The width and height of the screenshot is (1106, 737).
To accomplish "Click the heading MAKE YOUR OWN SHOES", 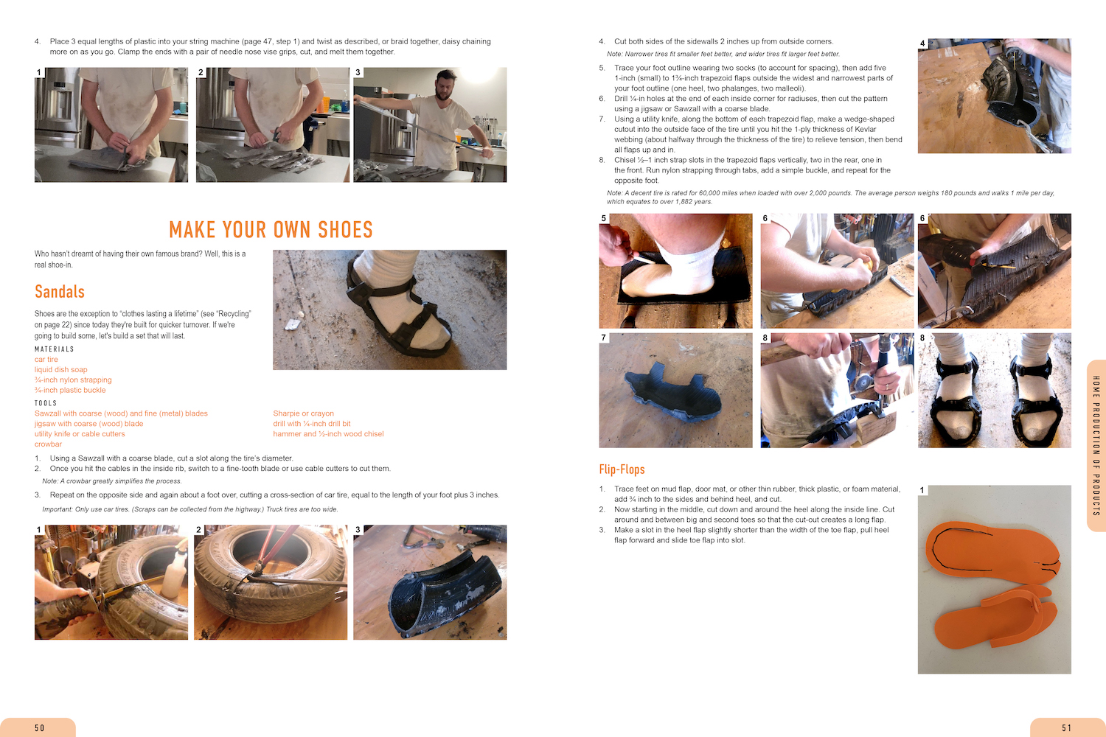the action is click(271, 229).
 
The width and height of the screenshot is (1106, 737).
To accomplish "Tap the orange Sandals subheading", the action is click(59, 292).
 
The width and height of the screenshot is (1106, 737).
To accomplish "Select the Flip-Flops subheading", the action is click(622, 469).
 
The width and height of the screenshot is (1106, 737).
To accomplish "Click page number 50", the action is click(40, 727).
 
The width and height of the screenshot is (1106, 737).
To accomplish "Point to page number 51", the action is click(1066, 727).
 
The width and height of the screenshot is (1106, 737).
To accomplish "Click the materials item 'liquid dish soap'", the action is click(60, 369).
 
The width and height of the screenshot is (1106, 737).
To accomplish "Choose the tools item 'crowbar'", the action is click(48, 444).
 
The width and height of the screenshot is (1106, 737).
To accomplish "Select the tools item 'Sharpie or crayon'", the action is click(303, 413).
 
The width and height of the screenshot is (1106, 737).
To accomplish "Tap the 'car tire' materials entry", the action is click(46, 360).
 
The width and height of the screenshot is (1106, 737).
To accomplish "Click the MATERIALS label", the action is click(55, 349).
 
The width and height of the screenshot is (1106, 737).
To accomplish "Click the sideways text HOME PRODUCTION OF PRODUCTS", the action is click(1096, 445).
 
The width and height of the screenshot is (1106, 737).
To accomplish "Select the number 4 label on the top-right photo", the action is click(922, 43).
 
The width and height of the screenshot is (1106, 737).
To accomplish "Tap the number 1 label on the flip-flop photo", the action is click(922, 490).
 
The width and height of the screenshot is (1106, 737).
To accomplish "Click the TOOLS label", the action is click(46, 403).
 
